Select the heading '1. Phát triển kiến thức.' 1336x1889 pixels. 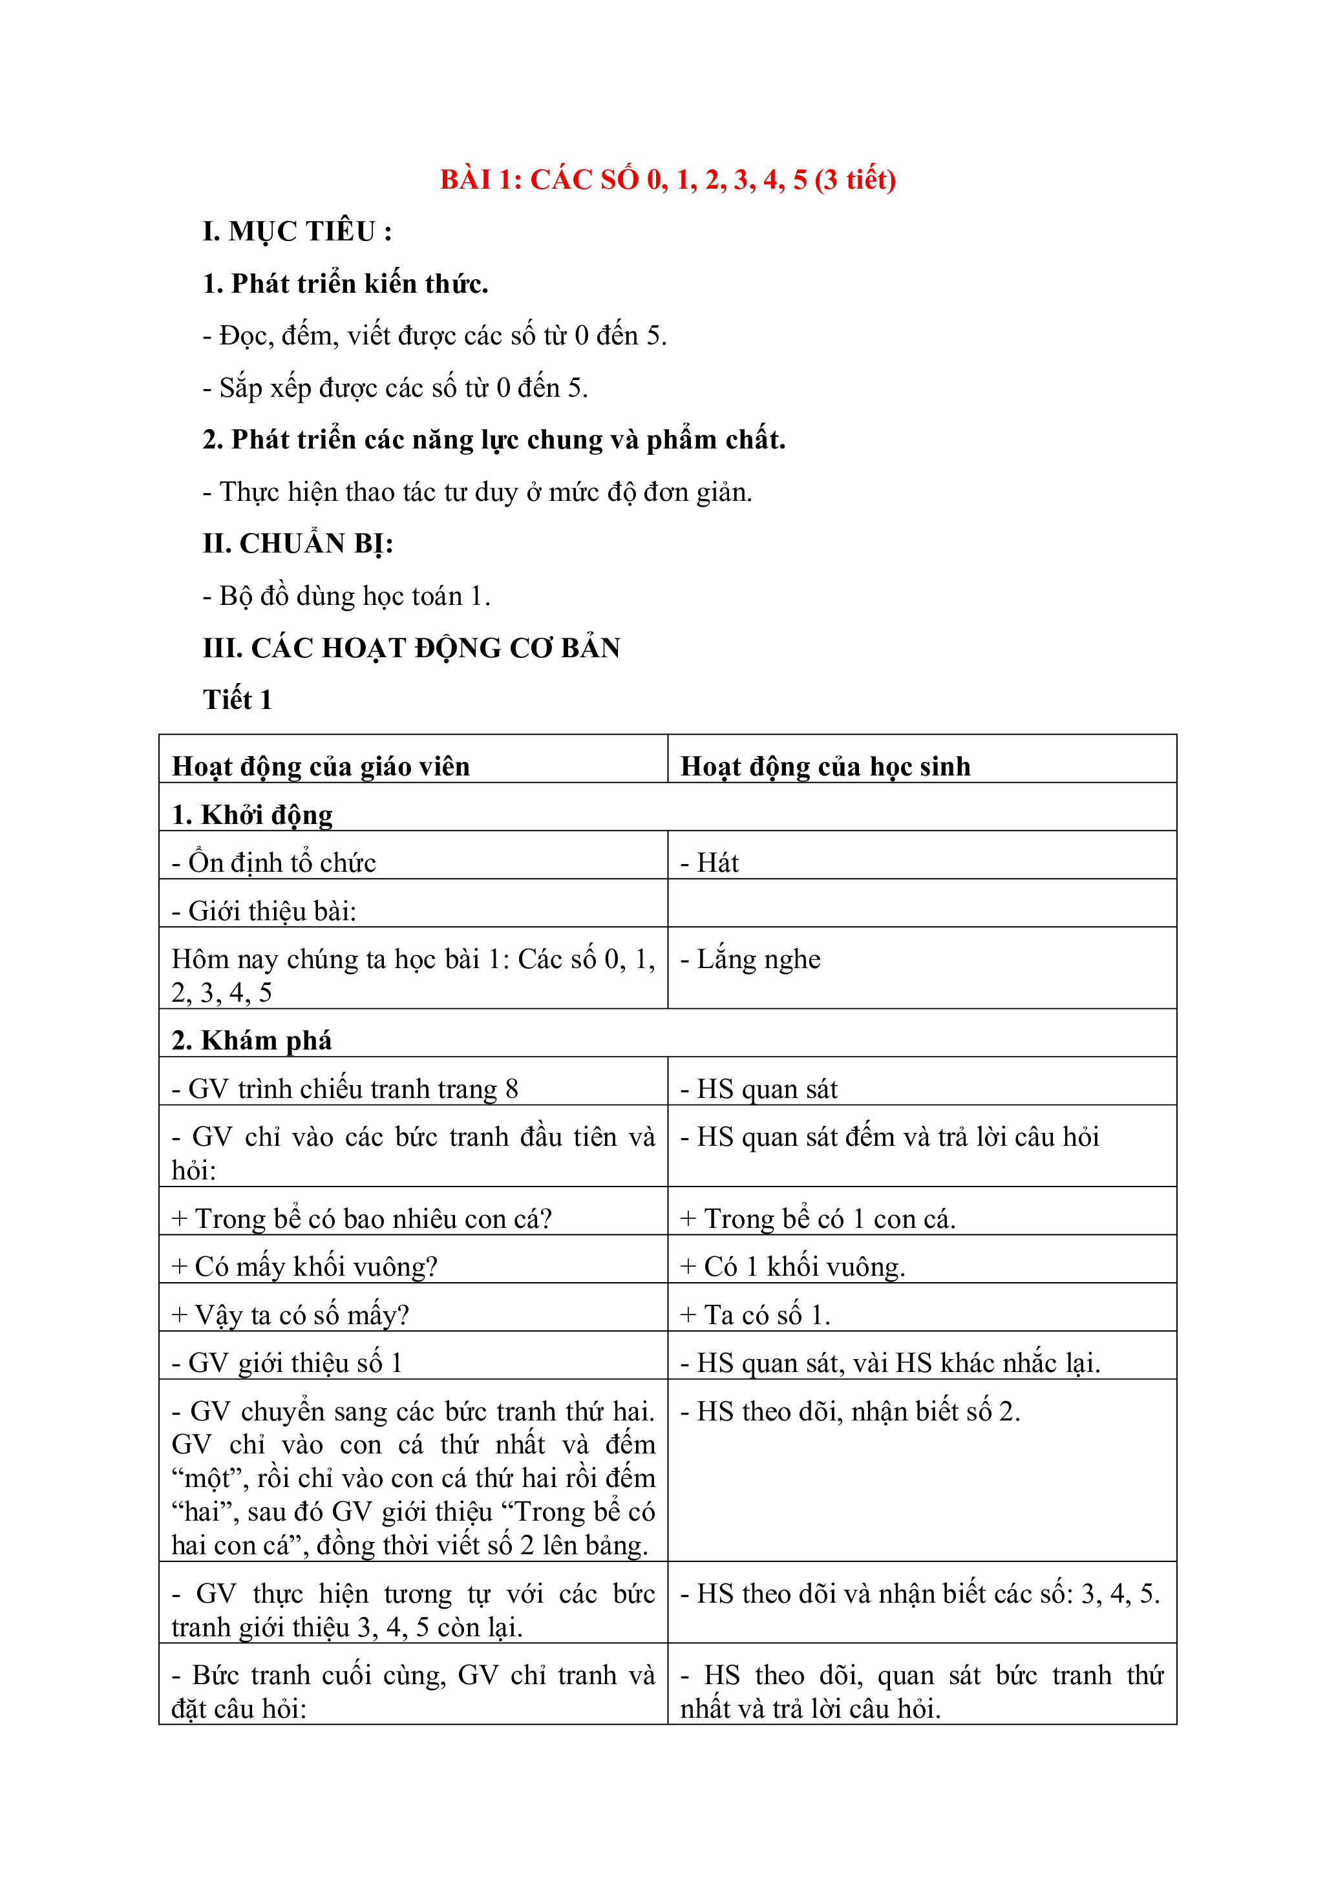click(x=346, y=283)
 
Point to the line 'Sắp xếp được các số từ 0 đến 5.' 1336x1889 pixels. click(x=396, y=388)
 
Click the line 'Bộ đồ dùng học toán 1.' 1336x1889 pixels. click(x=346, y=596)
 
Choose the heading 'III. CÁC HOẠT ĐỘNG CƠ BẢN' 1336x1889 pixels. click(x=411, y=648)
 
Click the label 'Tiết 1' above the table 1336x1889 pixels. click(x=237, y=699)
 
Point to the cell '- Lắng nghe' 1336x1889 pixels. click(x=750, y=959)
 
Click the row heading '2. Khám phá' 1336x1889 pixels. click(x=251, y=1040)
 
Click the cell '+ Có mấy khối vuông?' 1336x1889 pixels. click(x=304, y=1266)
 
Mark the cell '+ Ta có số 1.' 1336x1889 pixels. click(x=755, y=1314)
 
